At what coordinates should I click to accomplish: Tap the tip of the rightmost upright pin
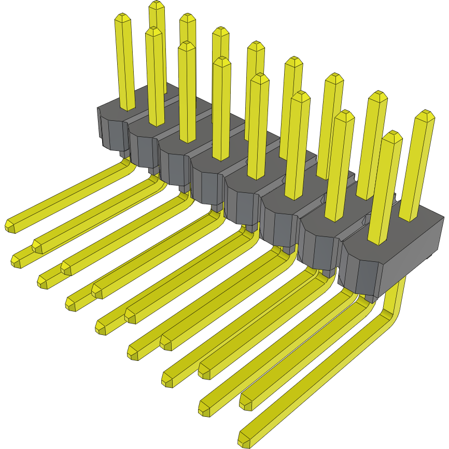pos(426,116)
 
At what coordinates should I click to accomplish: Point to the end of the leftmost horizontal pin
pos(10,225)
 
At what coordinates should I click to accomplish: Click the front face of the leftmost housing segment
pos(113,132)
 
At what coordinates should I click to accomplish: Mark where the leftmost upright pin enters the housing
pos(127,108)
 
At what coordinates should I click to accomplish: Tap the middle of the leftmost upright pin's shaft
pos(125,62)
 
